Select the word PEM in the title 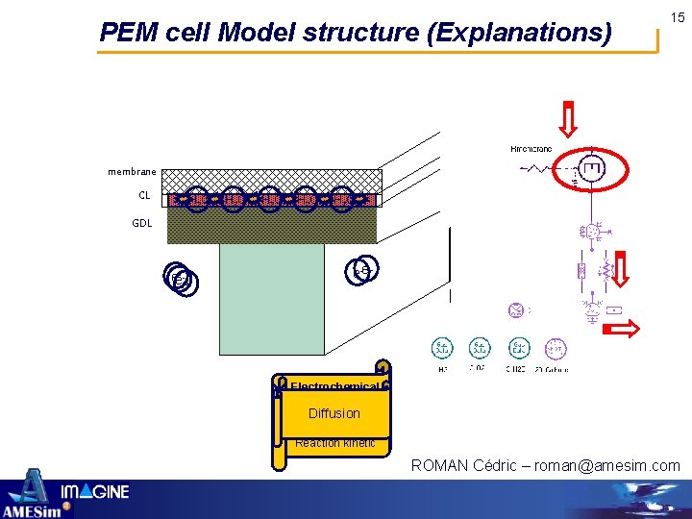tap(125, 34)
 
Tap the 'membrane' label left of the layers tap(132, 172)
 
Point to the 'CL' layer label tap(144, 195)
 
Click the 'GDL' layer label tap(142, 222)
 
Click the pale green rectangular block tap(272, 298)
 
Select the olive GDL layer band tap(274, 226)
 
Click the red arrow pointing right tap(622, 330)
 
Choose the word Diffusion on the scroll tap(334, 413)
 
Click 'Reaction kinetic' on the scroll tap(334, 443)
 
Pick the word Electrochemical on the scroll tap(334, 387)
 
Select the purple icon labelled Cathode tap(555, 348)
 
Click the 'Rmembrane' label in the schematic tap(530, 149)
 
